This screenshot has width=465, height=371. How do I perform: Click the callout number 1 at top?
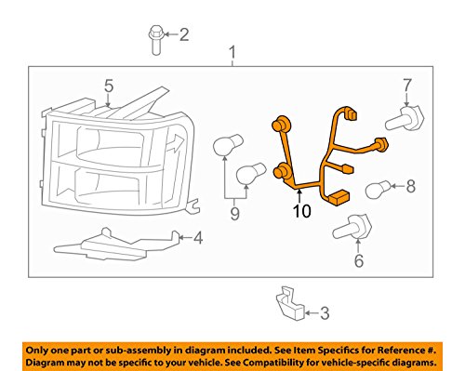click(232, 51)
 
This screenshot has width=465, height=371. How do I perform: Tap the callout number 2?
click(183, 35)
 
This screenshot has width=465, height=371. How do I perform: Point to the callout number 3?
click(324, 313)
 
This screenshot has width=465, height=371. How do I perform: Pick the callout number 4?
click(196, 239)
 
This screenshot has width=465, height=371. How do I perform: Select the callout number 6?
click(359, 262)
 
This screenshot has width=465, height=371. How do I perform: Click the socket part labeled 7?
click(406, 118)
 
